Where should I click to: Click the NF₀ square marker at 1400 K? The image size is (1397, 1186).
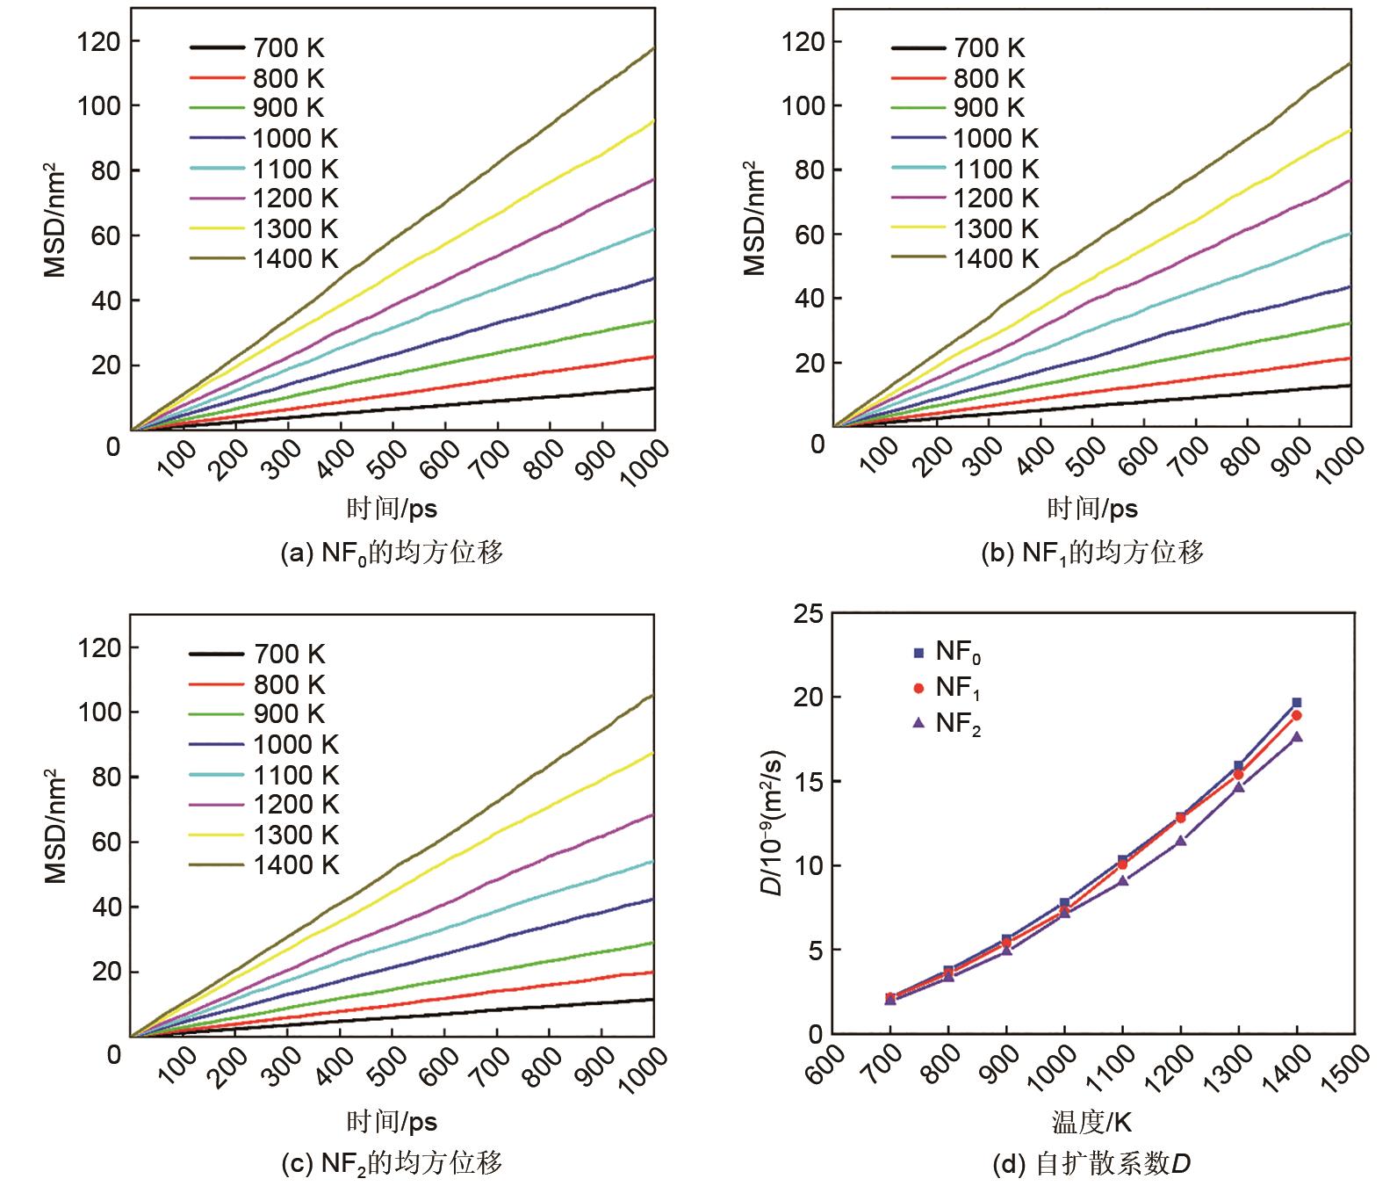[1296, 703]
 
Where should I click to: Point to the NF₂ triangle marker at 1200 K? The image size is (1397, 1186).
[1181, 841]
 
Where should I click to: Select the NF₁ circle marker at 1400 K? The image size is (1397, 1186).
[1296, 715]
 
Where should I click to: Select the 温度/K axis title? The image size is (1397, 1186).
[1091, 1122]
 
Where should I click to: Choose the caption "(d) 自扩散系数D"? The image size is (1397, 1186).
[1091, 1164]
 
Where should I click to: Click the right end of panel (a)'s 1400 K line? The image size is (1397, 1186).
[653, 49]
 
